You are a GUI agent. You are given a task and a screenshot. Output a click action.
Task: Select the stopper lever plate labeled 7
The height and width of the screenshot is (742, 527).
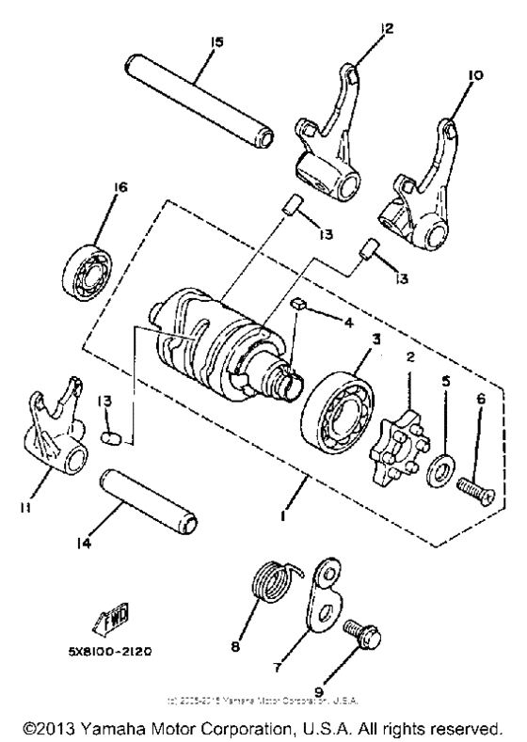[325, 597]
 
